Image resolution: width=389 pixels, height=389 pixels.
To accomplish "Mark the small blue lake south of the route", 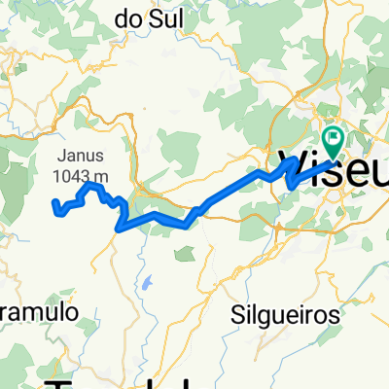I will [x=146, y=285].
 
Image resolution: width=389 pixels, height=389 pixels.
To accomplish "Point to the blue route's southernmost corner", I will [x=118, y=230].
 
